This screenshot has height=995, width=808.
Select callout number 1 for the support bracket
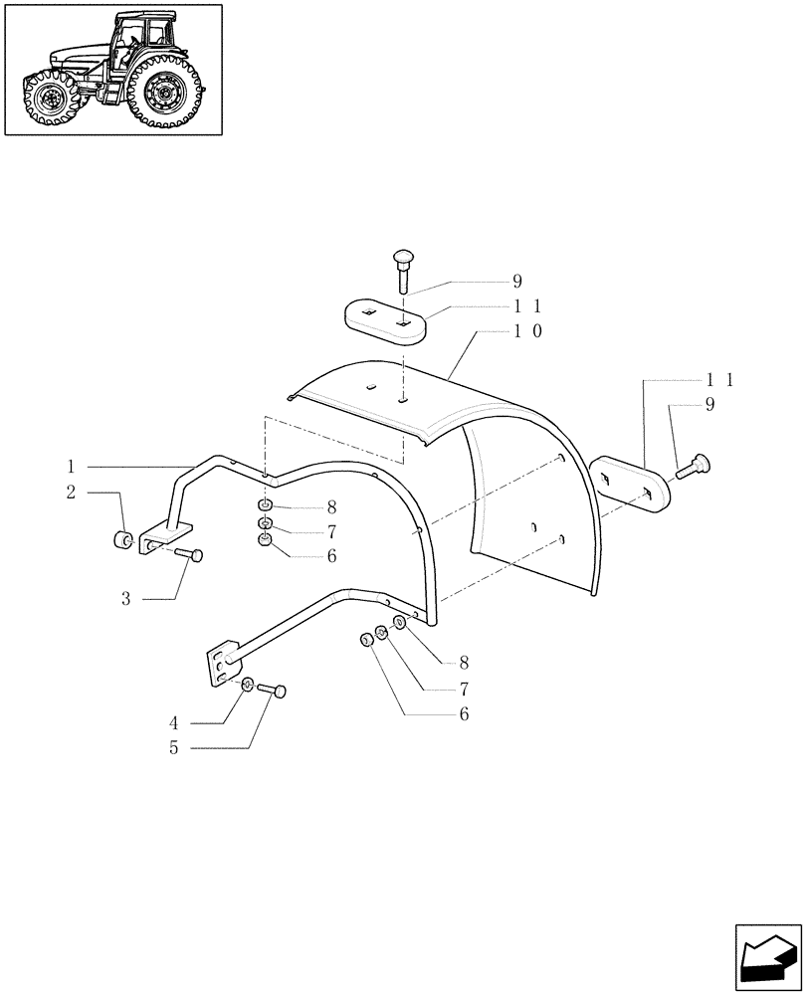click(x=72, y=466)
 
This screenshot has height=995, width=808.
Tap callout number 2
click(x=72, y=492)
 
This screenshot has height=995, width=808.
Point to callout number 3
click(x=126, y=599)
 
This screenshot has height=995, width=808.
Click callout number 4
click(x=174, y=723)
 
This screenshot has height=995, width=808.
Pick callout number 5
click(x=174, y=748)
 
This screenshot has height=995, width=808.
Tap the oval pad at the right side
click(x=627, y=484)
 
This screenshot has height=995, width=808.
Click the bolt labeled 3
click(x=188, y=554)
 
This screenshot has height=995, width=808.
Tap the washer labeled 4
click(x=248, y=684)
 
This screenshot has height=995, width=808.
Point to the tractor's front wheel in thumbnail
click(x=47, y=99)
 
